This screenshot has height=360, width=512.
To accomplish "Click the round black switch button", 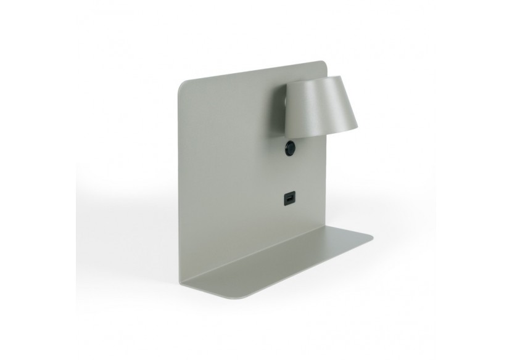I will pyautogui.click(x=289, y=148).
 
